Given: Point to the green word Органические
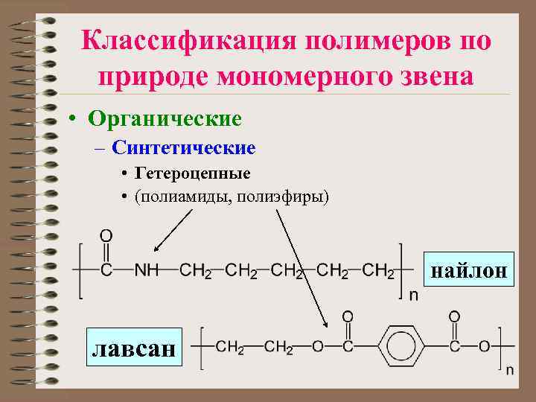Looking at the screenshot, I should (165, 118).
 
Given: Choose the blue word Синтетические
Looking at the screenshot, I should (184, 148).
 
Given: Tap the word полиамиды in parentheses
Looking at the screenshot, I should (182, 197).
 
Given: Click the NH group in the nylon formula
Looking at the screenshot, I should (147, 271).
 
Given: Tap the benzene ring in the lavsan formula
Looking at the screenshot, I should (401, 346).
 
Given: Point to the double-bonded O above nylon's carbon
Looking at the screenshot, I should (106, 237).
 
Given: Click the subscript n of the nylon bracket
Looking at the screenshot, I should (413, 296).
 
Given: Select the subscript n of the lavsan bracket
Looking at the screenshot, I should (510, 369).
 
